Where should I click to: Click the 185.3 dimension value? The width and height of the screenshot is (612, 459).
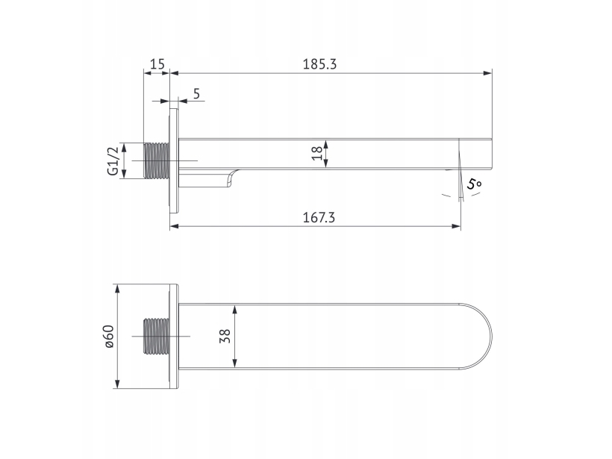(319, 64)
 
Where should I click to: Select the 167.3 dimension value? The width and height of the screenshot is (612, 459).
(319, 217)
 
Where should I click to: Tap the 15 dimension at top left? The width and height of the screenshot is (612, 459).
(157, 64)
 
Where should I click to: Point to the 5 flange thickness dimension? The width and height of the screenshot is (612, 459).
(196, 94)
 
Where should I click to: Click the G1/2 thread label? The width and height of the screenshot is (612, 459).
(113, 161)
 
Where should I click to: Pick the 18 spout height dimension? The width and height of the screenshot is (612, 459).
(317, 153)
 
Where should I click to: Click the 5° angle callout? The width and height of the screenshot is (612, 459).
(474, 184)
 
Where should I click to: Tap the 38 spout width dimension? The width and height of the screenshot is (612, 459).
(225, 336)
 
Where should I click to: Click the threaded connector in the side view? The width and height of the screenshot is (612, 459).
(157, 160)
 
